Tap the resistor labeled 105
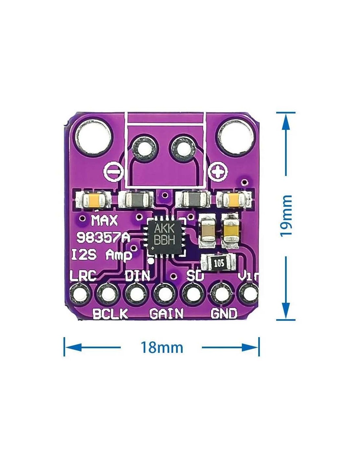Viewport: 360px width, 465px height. [x=219, y=263]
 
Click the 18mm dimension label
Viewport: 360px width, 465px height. [x=162, y=347]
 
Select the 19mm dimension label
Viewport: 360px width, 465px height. [x=285, y=216]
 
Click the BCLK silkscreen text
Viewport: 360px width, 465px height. [x=110, y=314]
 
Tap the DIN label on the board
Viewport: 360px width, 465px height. [x=137, y=276]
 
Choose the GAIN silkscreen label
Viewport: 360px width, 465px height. [x=166, y=314]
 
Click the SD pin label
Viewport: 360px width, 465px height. [x=195, y=276]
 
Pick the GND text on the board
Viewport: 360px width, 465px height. [x=224, y=314]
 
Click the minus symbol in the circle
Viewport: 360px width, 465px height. [x=114, y=171]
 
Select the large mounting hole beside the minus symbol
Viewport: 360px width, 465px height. [x=94, y=136]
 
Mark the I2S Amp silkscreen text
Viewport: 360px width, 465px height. [x=102, y=255]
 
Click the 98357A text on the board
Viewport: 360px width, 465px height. [x=102, y=238]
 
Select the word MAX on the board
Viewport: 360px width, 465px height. [x=104, y=221]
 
